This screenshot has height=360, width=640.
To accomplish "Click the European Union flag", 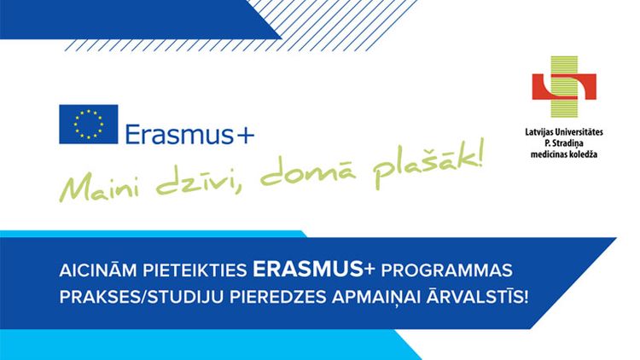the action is [x=89, y=124].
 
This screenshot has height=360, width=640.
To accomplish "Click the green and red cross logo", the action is [x=564, y=86].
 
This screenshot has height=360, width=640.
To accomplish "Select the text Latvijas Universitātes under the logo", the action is [x=564, y=132].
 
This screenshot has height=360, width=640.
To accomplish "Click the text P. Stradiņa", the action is [x=564, y=143].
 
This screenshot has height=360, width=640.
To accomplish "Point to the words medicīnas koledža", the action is [x=564, y=154].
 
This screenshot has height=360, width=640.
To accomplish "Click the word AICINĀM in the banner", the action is [x=98, y=270].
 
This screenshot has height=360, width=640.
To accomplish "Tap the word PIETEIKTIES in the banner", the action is [x=195, y=270].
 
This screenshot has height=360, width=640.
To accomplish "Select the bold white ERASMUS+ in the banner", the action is [x=313, y=270].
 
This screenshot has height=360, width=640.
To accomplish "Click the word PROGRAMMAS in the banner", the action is [x=446, y=270].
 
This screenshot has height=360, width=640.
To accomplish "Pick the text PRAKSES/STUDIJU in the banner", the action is [x=141, y=297].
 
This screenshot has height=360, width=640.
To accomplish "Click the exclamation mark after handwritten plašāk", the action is [x=477, y=152].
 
